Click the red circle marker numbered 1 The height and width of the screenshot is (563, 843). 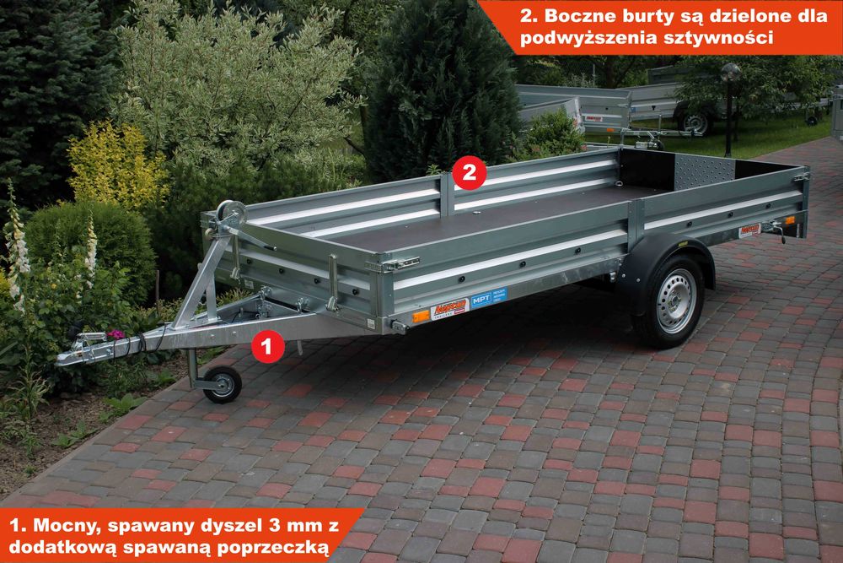[267, 345]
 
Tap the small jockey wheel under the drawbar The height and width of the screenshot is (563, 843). [223, 385]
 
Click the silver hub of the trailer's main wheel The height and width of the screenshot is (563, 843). [675, 300]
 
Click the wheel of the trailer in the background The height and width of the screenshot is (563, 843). [695, 122]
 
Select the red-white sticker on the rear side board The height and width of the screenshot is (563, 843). [749, 230]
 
